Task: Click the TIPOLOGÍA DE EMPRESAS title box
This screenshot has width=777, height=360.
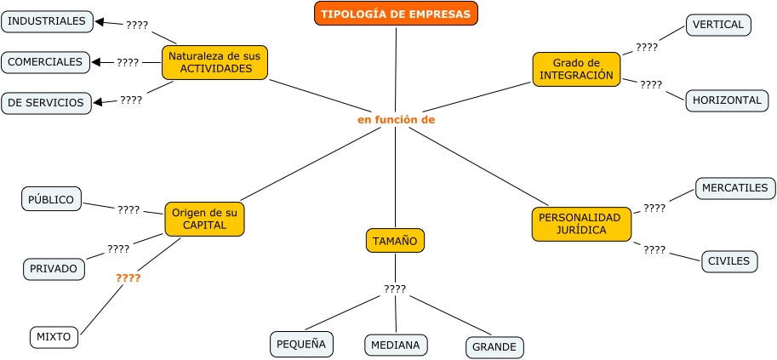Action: [396, 14]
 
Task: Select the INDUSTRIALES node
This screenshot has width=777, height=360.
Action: [47, 21]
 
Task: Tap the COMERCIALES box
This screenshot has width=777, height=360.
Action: [46, 62]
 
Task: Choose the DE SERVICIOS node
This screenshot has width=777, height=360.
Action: [46, 103]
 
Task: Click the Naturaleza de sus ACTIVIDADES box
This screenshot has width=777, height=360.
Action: [214, 62]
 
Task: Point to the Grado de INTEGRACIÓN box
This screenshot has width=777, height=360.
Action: [576, 69]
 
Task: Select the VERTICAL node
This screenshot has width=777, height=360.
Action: [718, 26]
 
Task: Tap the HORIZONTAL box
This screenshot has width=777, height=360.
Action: [727, 100]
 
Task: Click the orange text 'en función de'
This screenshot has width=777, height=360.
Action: [396, 120]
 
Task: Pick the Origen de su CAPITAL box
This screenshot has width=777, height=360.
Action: [204, 219]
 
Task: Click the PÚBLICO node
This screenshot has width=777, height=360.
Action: [51, 200]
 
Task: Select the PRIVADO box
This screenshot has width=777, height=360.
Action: [54, 269]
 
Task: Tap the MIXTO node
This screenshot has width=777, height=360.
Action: [54, 337]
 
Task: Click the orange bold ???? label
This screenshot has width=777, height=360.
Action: [128, 278]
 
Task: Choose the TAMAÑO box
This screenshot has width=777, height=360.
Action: [395, 241]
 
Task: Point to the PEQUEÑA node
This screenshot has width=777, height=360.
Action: [301, 344]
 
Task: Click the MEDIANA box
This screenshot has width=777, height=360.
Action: [396, 345]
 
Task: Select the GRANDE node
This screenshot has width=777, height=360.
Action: [494, 347]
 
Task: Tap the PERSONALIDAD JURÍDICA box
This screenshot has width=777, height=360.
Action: [581, 223]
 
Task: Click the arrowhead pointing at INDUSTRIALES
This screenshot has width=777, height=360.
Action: [100, 23]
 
